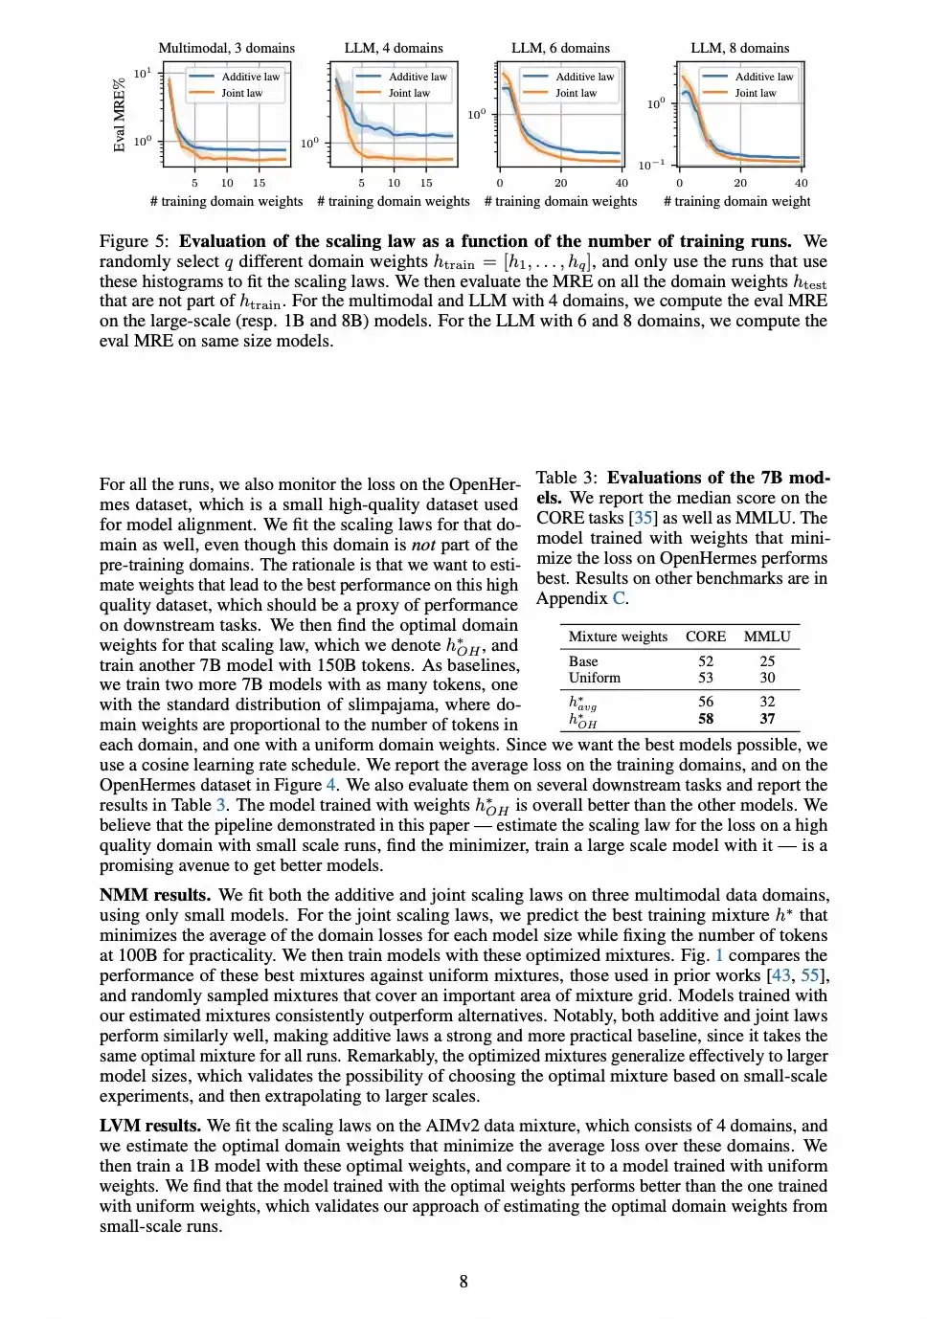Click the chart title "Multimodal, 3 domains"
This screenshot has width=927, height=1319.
pos(226,48)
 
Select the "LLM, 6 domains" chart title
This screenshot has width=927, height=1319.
pos(560,48)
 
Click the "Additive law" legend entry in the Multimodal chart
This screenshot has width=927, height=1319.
pos(251,77)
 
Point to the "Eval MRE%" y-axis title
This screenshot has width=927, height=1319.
pos(120,115)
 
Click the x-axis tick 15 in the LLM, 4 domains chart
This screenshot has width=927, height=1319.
pos(426,183)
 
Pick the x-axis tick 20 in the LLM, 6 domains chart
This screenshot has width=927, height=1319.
pos(560,183)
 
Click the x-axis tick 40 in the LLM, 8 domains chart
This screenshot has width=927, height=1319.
pos(801,183)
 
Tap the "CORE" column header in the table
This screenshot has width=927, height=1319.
pos(706,637)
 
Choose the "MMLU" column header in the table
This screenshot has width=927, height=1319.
pos(767,637)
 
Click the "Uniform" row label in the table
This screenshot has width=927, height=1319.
pos(594,678)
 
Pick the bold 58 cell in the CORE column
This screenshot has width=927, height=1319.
pos(706,719)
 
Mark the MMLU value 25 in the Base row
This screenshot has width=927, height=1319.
pos(767,661)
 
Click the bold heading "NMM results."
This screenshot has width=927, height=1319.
pos(155,895)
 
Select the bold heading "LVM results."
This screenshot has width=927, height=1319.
pos(150,1126)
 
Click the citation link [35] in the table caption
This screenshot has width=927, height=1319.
pos(643,518)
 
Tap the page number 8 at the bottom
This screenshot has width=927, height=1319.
pos(463,1282)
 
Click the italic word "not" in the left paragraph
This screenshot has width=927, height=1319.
pos(423,545)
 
